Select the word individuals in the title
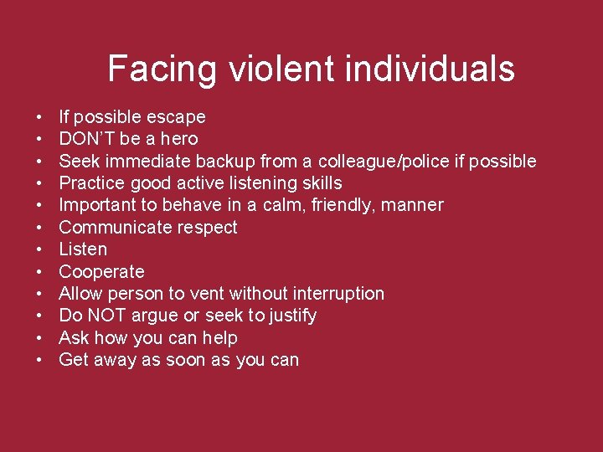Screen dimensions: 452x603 430,69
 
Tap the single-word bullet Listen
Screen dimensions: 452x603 83,249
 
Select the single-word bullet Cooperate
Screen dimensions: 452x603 101,271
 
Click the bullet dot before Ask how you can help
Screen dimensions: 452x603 40,338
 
